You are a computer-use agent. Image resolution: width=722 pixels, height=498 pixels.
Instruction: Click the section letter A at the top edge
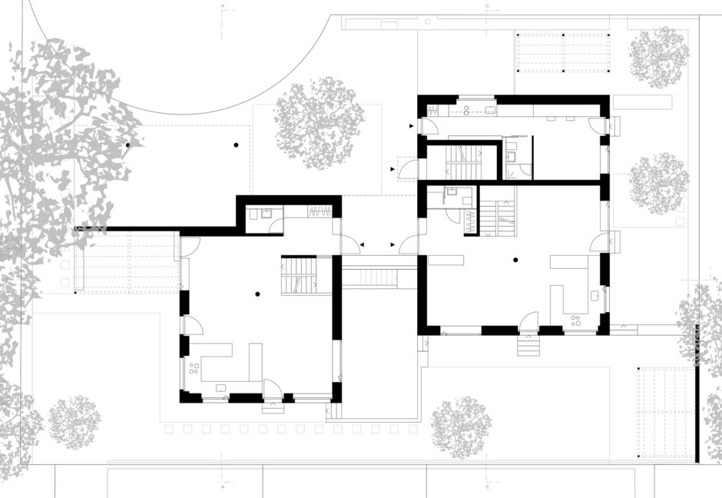[x=223, y=6]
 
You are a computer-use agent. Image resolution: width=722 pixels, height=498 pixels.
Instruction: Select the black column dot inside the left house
[x=258, y=294]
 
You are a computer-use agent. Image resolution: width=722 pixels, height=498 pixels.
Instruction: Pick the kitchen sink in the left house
[x=221, y=388]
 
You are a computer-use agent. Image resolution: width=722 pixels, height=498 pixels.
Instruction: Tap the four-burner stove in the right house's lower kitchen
[x=574, y=320]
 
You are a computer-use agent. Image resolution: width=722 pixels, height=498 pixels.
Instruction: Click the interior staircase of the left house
[x=300, y=276]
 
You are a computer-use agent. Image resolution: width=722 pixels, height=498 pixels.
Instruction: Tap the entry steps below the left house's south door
[x=273, y=408]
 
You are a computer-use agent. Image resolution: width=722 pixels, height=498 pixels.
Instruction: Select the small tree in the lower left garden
[x=75, y=422]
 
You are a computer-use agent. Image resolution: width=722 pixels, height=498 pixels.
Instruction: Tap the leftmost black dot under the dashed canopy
[x=128, y=144]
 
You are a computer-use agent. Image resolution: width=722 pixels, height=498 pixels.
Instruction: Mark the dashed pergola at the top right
[x=564, y=53]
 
